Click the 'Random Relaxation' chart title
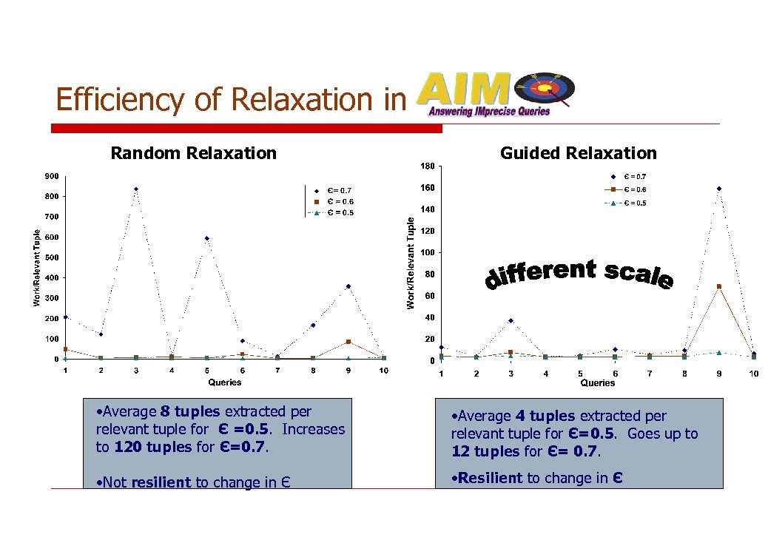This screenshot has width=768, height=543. [x=193, y=153]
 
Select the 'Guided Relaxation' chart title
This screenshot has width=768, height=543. [x=578, y=153]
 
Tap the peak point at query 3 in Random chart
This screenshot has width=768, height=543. [x=136, y=189]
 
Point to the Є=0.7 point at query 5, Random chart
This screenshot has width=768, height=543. [x=206, y=238]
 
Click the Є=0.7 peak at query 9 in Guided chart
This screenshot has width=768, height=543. [x=718, y=189]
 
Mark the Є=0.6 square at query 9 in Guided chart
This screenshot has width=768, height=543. [x=718, y=286]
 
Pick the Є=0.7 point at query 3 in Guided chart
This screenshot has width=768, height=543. [x=511, y=320]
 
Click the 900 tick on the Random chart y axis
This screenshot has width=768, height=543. [x=51, y=176]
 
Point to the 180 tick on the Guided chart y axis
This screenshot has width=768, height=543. [x=427, y=165]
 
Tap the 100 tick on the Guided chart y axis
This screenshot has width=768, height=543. [x=427, y=253]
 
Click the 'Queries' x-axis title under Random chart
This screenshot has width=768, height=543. [x=224, y=382]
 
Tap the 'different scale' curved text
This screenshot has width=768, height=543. [x=579, y=274]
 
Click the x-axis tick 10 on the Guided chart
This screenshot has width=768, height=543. [x=753, y=374]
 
